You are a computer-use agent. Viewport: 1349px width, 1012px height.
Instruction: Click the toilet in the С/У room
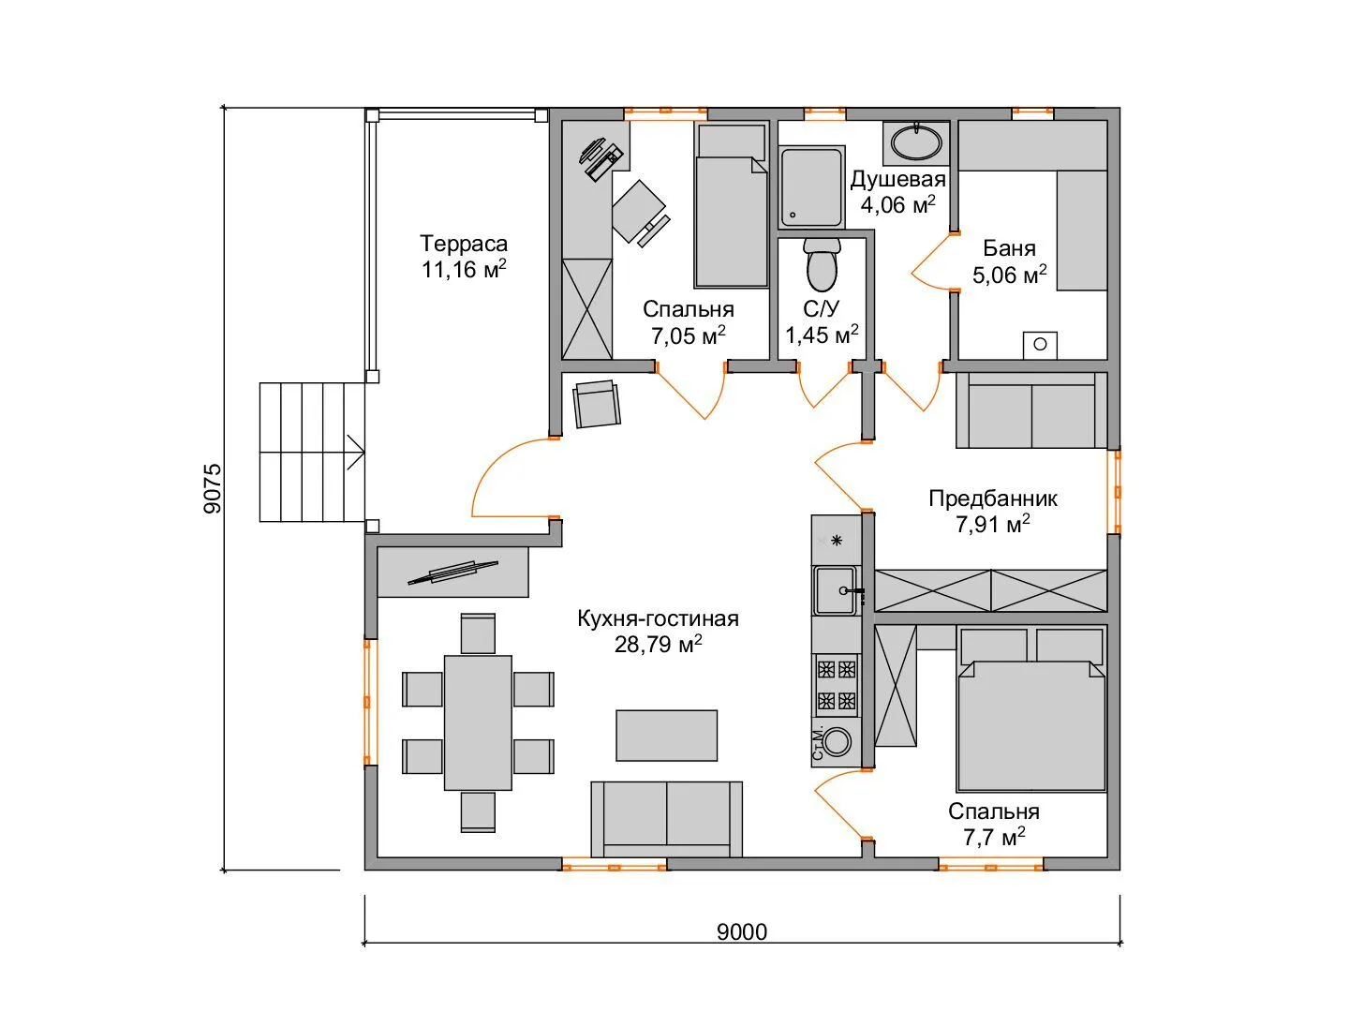(x=821, y=265)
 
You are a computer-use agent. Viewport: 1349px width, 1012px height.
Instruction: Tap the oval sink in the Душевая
(x=915, y=141)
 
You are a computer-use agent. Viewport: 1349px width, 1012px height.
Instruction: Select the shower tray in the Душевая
(x=811, y=186)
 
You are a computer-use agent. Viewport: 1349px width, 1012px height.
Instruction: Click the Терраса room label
(x=464, y=244)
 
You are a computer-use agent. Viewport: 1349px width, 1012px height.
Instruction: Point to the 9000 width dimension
(x=742, y=932)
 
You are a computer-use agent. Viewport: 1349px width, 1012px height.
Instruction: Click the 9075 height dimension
(x=213, y=488)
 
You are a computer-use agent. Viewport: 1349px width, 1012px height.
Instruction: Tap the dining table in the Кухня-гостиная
(x=478, y=722)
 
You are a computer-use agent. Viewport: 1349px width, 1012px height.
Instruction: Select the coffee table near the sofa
(x=666, y=736)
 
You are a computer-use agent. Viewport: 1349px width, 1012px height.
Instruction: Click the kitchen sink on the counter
(x=836, y=590)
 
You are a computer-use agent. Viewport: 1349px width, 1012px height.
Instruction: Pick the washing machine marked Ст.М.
(x=836, y=743)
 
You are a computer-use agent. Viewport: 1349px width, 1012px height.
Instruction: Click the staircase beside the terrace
(x=312, y=453)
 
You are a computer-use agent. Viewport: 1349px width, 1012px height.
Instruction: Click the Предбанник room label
(x=992, y=499)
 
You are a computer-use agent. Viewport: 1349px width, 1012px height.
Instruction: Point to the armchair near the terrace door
(x=597, y=404)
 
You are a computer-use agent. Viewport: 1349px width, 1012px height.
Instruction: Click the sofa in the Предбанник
(x=1031, y=409)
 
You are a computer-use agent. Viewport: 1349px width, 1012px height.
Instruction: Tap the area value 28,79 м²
(x=658, y=644)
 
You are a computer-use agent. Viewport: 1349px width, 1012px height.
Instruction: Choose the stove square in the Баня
(x=1040, y=345)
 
